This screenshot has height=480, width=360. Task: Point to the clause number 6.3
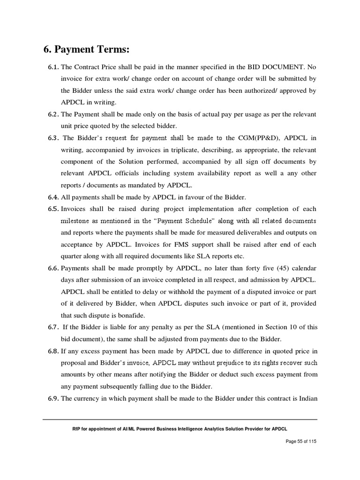[x=53, y=138]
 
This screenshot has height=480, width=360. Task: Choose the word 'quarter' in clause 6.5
[x=72, y=256]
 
